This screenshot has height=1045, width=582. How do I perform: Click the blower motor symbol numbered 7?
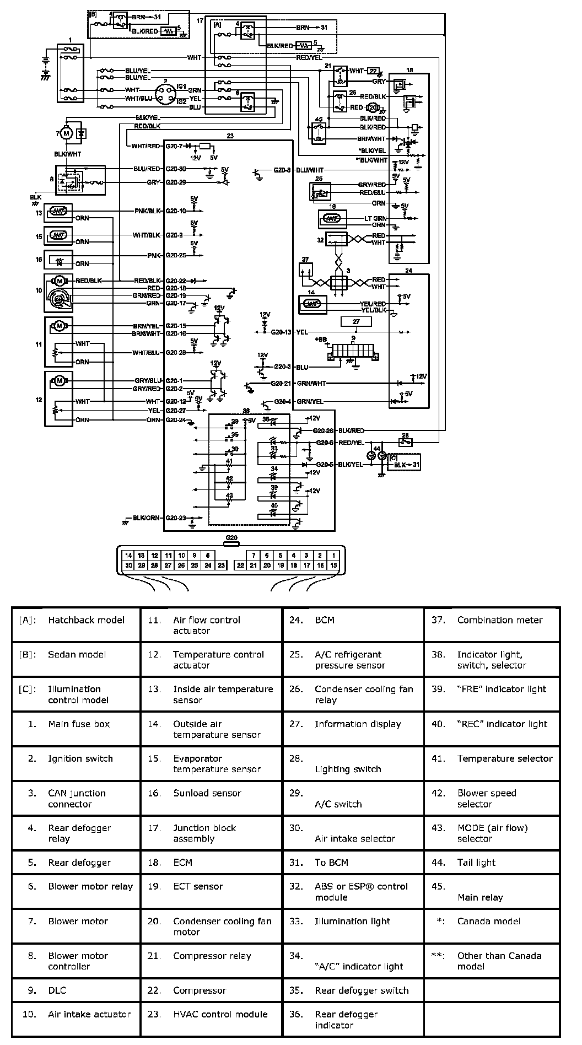[66, 133]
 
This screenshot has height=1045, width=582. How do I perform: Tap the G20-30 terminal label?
[176, 169]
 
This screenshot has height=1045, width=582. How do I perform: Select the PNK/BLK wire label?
[147, 211]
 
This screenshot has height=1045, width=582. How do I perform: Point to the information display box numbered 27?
[356, 321]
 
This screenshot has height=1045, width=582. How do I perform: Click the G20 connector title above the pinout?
[231, 538]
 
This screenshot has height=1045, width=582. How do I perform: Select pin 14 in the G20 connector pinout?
[128, 555]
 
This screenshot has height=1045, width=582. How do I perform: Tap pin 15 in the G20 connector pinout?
[333, 565]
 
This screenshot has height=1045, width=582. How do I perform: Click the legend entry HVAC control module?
[220, 1014]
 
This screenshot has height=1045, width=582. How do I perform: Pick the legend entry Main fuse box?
[79, 724]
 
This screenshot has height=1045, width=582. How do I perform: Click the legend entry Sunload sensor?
[207, 793]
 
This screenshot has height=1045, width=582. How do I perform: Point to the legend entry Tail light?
[476, 863]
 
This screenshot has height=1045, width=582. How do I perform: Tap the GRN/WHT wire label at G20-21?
[310, 383]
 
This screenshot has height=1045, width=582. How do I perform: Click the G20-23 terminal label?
[176, 518]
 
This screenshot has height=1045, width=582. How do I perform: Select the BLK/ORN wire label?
[146, 518]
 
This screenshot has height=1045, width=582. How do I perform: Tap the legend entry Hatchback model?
[86, 620]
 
